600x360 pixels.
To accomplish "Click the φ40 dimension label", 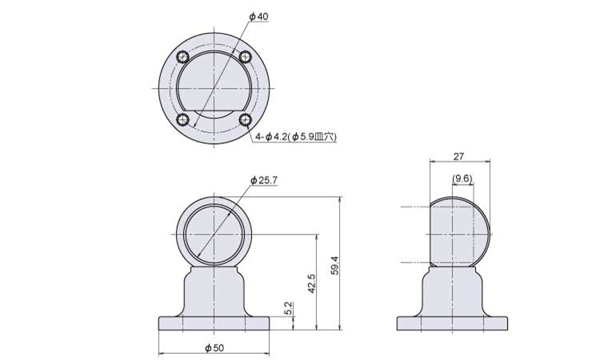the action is pos(258,17).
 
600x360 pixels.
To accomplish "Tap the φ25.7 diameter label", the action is pos(264,180).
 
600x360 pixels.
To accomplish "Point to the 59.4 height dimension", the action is pos(335,265).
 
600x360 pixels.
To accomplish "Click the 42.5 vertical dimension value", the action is pos(311,283).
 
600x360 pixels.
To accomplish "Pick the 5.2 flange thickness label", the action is pos(289,308).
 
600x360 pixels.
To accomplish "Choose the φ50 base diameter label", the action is pos(214,348).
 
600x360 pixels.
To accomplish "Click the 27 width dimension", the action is pos(459,156).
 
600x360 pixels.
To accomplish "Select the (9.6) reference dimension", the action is pos(462,178).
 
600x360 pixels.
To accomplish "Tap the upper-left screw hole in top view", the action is pos(183,58).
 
